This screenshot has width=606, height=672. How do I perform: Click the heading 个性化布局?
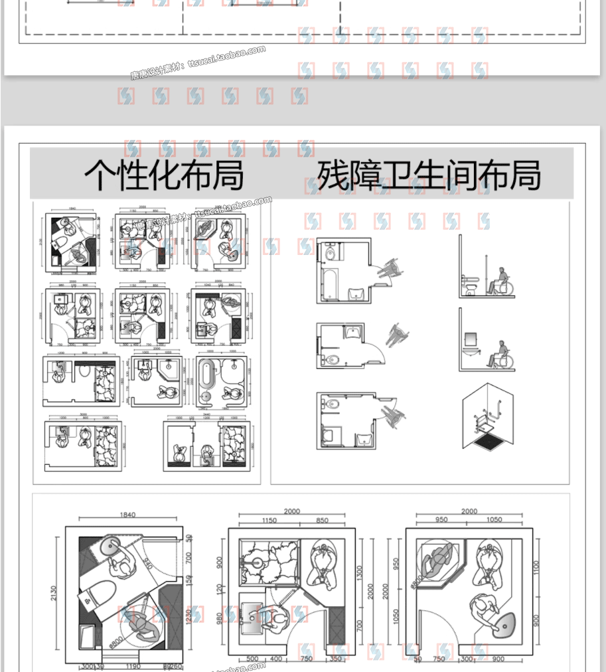[x=164, y=175]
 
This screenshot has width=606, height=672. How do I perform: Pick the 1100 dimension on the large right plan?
[x=536, y=567]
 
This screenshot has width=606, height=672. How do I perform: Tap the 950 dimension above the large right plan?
[x=442, y=521]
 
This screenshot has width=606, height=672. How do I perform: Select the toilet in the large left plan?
[x=100, y=592]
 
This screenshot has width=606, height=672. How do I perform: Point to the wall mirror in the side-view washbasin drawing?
[x=471, y=339]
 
